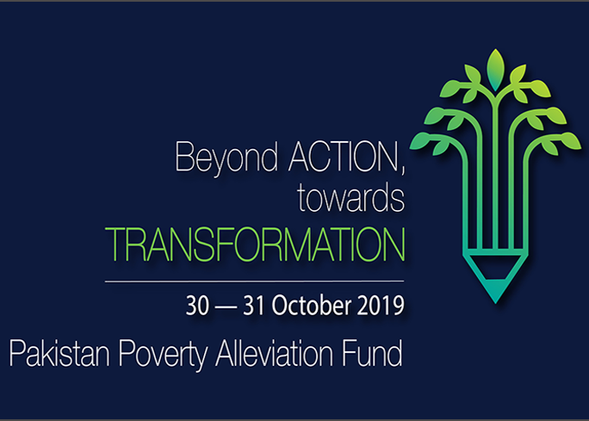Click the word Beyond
pyautogui.click(x=226, y=158)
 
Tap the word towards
pyautogui.click(x=350, y=198)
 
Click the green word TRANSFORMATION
pyautogui.click(x=255, y=245)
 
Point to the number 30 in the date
pyautogui.click(x=197, y=306)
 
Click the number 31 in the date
pyautogui.click(x=254, y=306)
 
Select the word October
pyautogui.click(x=312, y=305)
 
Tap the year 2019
pyautogui.click(x=381, y=306)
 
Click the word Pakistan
pyautogui.click(x=59, y=353)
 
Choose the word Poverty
pyautogui.click(x=163, y=355)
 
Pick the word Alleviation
pyautogui.click(x=274, y=353)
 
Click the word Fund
pyautogui.click(x=372, y=353)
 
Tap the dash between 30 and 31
pyautogui.click(x=226, y=307)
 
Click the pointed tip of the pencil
pyautogui.click(x=495, y=302)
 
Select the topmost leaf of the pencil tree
pyautogui.click(x=495, y=70)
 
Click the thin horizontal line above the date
pyautogui.click(x=254, y=281)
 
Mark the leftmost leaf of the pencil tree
pyautogui.click(x=421, y=141)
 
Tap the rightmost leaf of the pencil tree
pyautogui.click(x=569, y=141)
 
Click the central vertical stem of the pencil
pyautogui.click(x=495, y=173)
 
